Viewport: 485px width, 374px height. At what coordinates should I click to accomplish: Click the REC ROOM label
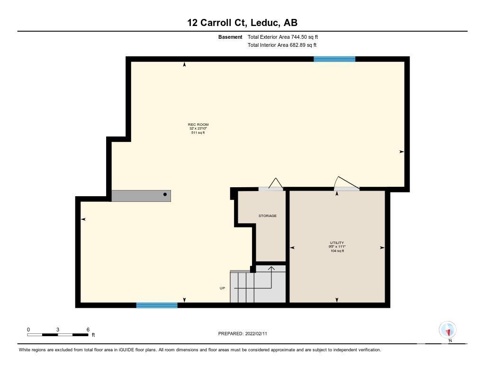point(198,124)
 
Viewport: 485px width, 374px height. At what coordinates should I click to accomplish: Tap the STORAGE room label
point(268,216)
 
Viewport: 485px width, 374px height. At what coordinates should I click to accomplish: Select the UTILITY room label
point(337,243)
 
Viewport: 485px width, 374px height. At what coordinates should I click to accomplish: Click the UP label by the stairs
point(223,288)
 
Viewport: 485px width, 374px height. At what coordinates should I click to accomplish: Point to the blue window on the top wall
point(334,59)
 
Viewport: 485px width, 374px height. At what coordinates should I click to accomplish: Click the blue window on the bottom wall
point(157,305)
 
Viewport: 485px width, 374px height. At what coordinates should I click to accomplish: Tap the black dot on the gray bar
point(165,194)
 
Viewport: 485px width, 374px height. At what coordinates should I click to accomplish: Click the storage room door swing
point(276,183)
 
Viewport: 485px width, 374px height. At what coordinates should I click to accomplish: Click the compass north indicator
point(448,331)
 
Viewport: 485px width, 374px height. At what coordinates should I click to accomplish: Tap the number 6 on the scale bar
point(88,330)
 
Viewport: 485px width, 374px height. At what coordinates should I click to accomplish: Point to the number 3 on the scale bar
point(58,330)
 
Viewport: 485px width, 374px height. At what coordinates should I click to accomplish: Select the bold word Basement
point(230,37)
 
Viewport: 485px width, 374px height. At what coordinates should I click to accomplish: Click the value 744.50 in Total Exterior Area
point(299,37)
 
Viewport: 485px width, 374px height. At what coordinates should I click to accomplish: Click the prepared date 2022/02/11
point(256,333)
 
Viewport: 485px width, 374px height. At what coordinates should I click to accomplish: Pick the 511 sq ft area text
point(198,132)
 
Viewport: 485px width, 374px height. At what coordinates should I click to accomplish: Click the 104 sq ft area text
point(337,251)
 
